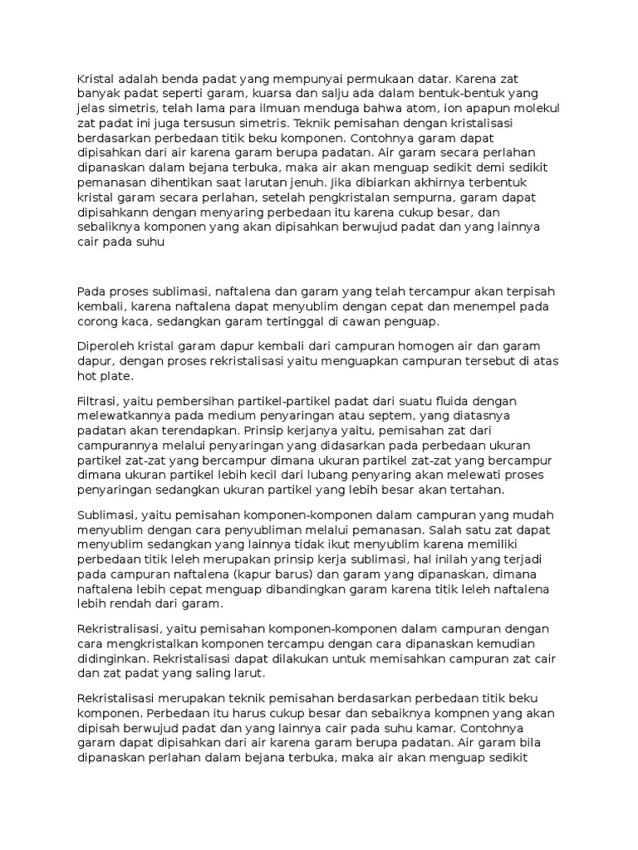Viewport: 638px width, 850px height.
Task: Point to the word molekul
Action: tap(536, 109)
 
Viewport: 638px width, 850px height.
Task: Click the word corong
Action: tap(99, 322)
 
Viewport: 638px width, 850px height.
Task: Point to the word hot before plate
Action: tap(88, 376)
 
